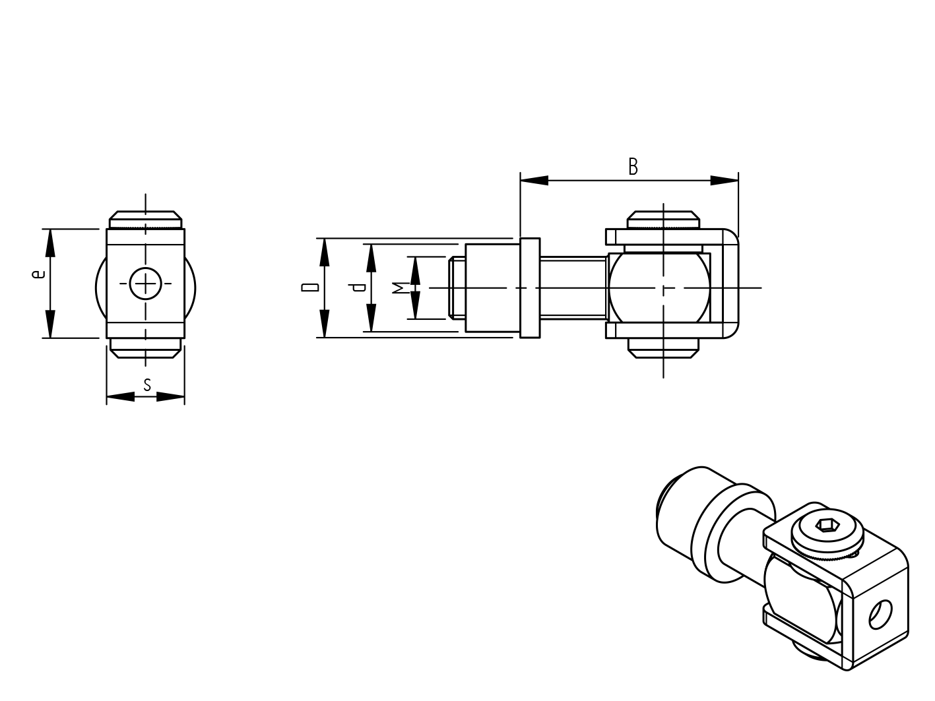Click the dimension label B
coord(633,166)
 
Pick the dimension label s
coord(147,384)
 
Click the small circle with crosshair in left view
coord(145,284)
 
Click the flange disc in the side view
coord(530,288)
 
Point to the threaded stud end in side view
coord(457,288)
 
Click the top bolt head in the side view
coord(662,219)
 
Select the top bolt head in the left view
coord(146,219)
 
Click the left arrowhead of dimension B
coord(533,180)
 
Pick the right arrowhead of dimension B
coord(725,180)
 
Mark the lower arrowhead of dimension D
coord(324,324)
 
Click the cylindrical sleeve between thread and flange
coord(492,288)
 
